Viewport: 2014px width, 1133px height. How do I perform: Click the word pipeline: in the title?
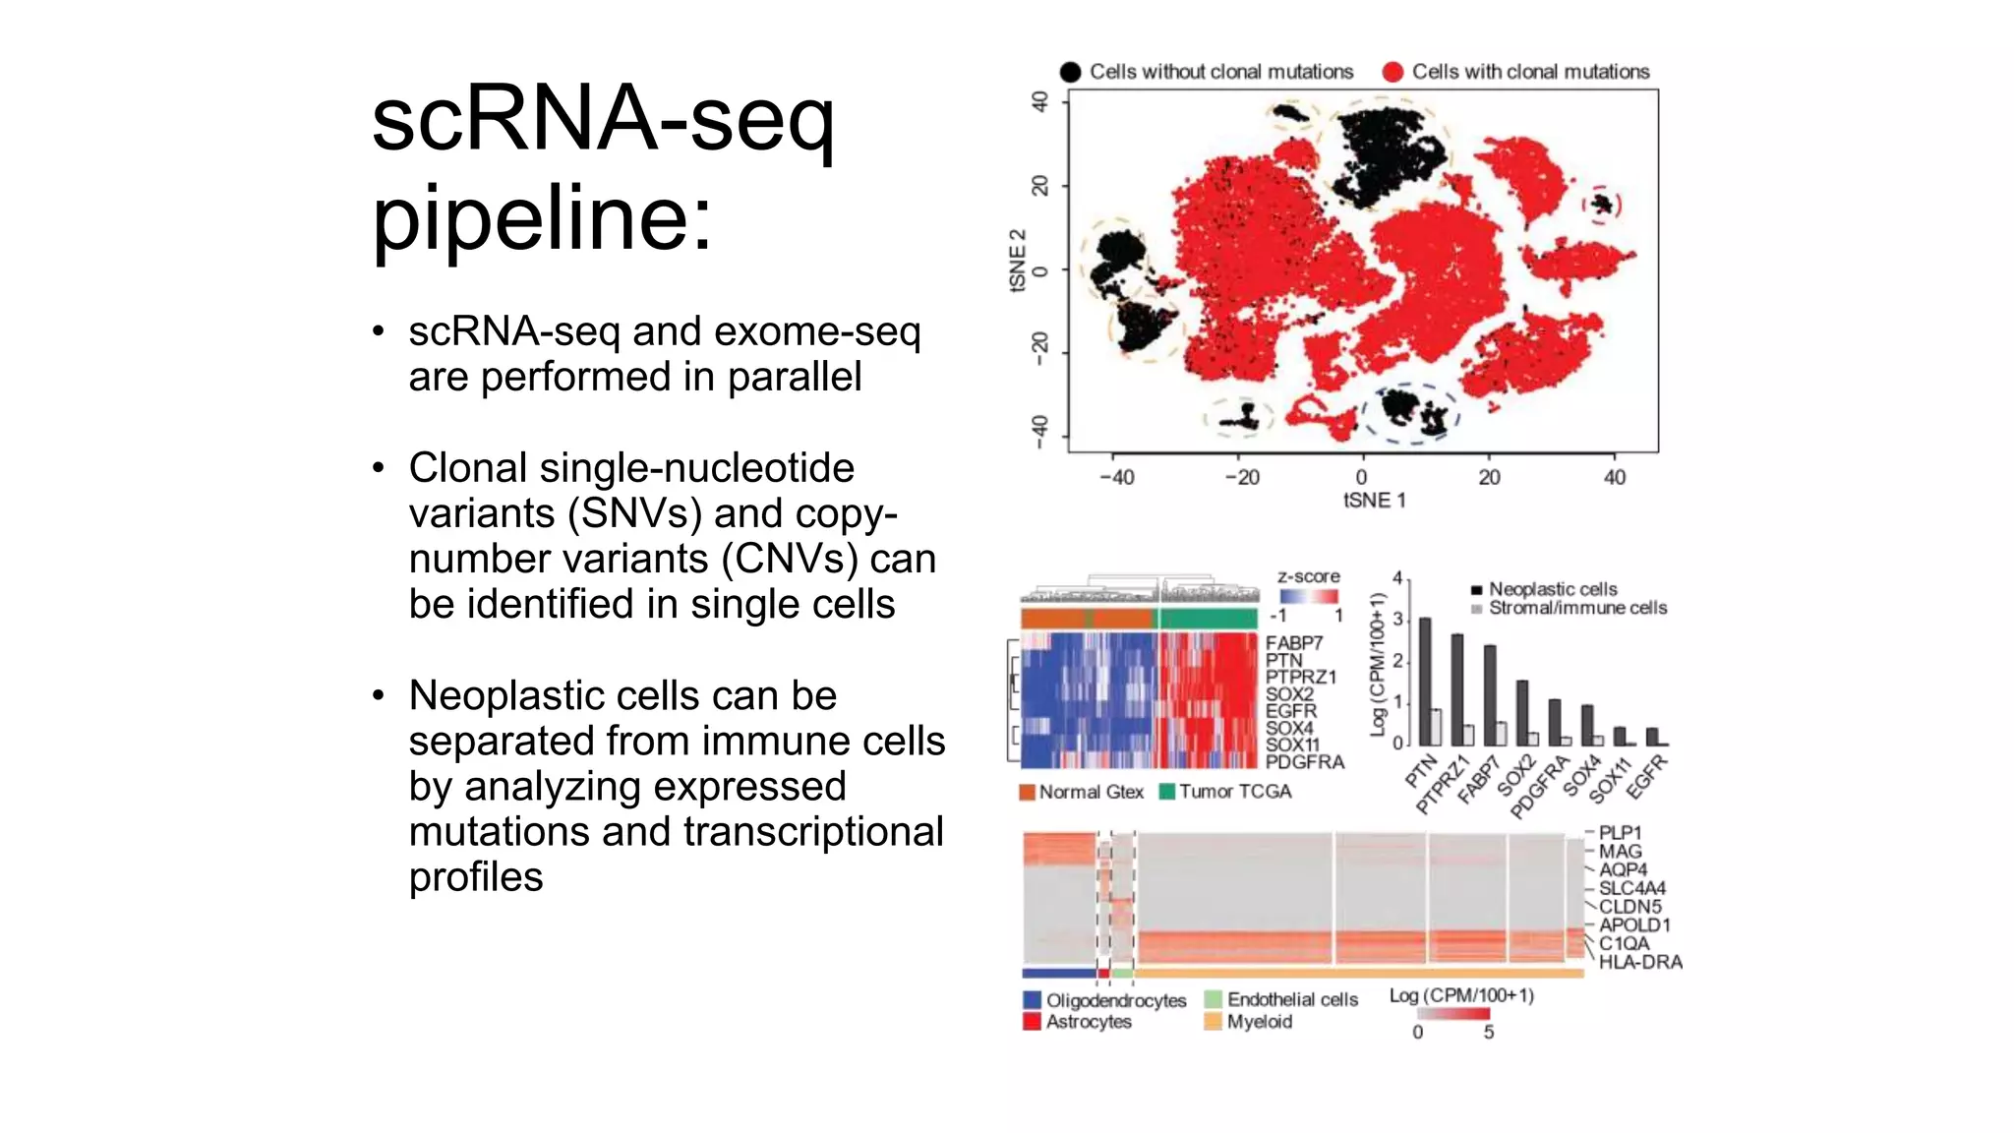click(541, 218)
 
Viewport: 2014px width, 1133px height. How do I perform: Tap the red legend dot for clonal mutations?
click(1392, 72)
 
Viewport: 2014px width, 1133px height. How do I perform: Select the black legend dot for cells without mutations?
click(1070, 72)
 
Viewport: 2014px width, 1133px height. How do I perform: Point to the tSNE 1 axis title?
click(1374, 501)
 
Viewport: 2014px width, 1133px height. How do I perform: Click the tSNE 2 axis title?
click(1018, 261)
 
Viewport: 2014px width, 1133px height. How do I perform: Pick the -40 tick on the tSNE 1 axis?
click(1116, 477)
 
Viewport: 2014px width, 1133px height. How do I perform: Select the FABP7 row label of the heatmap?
click(1293, 643)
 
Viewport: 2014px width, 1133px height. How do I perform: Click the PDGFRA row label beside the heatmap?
click(1304, 761)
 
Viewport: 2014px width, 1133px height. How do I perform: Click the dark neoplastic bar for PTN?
click(1425, 681)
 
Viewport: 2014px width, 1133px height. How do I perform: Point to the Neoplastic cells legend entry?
click(1552, 589)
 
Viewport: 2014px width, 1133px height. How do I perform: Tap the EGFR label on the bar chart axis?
click(1647, 776)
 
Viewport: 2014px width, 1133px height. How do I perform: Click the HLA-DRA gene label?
click(1639, 962)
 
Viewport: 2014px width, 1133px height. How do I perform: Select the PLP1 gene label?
click(1620, 833)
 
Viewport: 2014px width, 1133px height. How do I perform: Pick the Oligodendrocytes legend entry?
click(1115, 1000)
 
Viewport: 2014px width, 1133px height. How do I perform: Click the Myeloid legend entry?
click(1259, 1022)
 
